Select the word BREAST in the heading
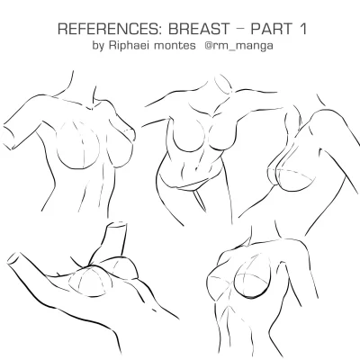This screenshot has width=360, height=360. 199,29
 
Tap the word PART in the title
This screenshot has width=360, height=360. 271,29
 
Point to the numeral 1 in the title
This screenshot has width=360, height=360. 302,29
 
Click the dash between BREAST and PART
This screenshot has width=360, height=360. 240,30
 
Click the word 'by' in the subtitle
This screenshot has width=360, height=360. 98,46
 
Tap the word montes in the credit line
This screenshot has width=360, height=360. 175,46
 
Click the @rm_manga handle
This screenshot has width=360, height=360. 238,46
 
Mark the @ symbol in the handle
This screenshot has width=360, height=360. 209,46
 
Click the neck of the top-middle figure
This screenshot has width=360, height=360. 219,90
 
